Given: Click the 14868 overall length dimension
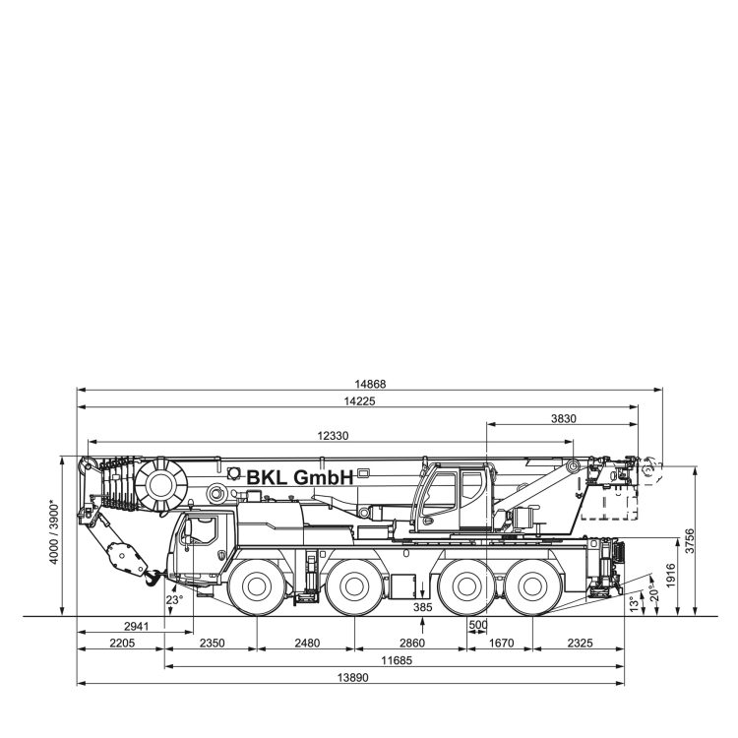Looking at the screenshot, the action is [370, 384].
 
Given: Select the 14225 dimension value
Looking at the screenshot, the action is [359, 401].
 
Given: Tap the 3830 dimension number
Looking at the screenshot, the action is [564, 418].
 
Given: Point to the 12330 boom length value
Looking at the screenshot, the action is [333, 436].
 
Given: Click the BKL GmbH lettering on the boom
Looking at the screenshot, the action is [300, 477].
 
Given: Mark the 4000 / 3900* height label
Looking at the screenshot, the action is [54, 533].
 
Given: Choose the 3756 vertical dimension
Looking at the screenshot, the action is [690, 541].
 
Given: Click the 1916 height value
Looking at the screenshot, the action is [671, 576].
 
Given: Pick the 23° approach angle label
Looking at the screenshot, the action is [174, 600].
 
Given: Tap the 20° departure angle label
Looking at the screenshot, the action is [653, 593].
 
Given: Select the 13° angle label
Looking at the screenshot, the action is [635, 603].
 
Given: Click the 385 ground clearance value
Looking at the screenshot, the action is [423, 607].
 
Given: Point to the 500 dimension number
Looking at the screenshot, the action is [478, 625].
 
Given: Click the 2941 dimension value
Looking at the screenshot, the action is [137, 626].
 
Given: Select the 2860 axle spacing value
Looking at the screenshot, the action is [412, 643].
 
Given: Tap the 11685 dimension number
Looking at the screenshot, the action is [397, 660].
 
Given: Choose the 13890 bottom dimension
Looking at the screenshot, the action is [353, 678].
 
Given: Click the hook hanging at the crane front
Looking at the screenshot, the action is [153, 578].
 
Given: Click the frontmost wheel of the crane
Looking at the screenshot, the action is [257, 586].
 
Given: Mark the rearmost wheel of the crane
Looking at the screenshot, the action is [532, 586].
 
